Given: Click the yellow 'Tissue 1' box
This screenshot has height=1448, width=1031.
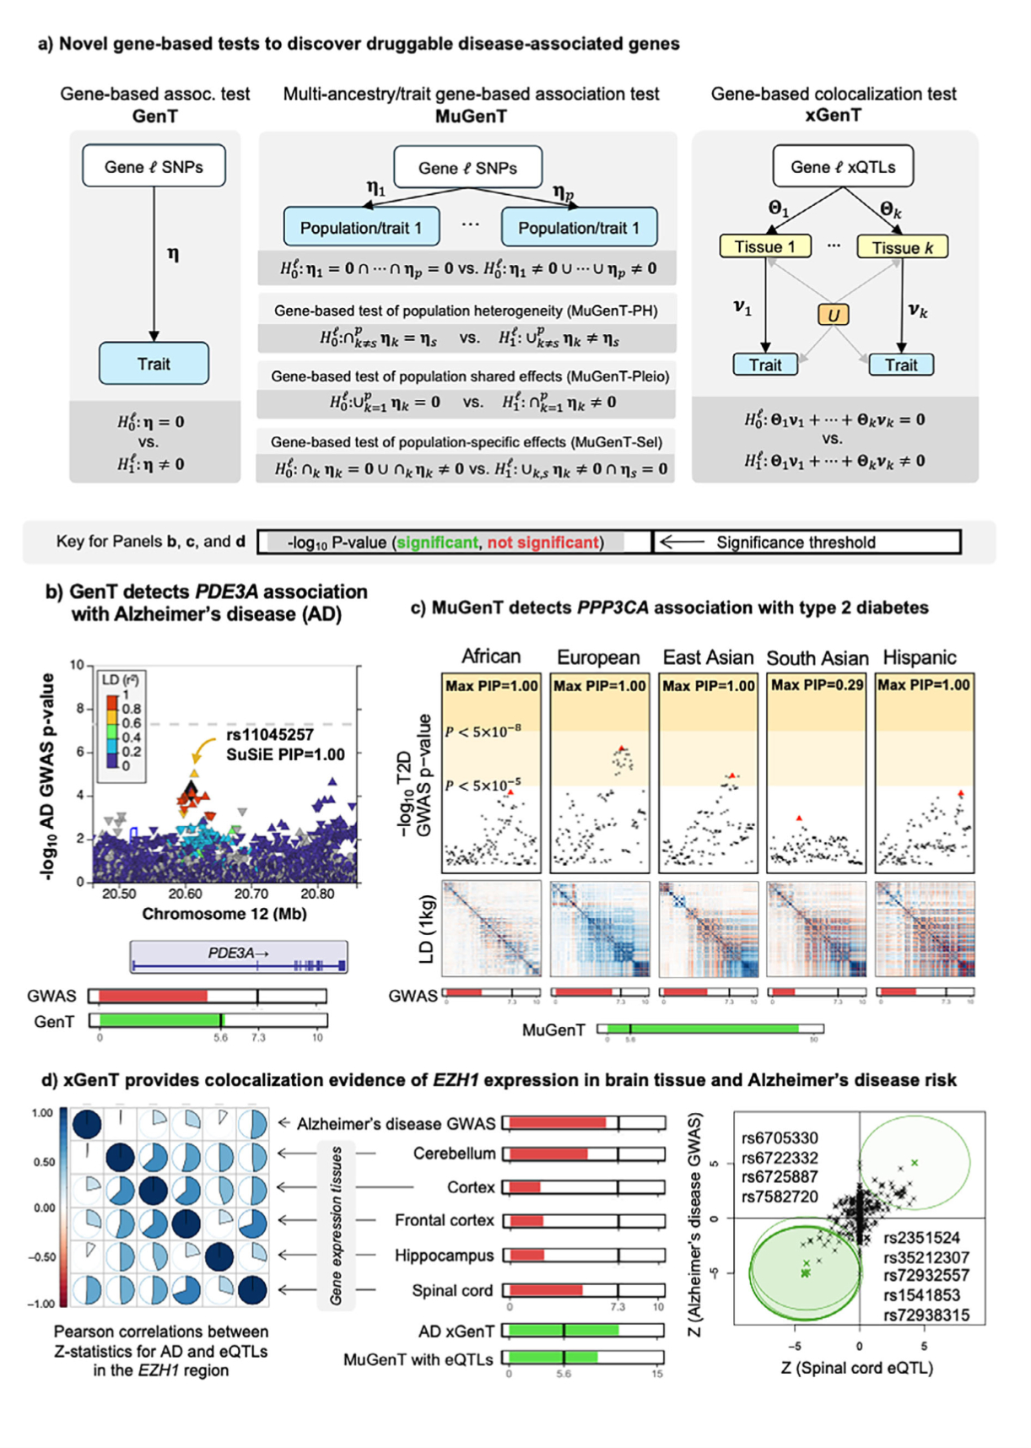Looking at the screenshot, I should coord(764,246).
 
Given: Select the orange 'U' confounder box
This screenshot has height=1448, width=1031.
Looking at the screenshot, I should coord(833,315).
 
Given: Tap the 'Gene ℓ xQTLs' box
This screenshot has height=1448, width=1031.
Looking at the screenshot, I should coord(843,167).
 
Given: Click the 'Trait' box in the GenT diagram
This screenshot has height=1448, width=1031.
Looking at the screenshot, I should coord(154,364).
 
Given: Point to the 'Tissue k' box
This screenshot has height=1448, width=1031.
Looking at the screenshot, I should coord(902,247).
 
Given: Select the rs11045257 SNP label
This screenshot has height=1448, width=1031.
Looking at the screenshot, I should coord(269,735).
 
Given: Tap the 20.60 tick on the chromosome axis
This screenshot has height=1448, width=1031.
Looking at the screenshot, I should coord(185,894).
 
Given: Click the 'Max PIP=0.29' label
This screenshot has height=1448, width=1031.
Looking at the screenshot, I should coord(817,685).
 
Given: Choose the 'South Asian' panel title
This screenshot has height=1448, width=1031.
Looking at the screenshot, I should coord(817,658).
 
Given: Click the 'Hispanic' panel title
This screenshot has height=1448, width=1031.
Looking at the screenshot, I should coord(919,657).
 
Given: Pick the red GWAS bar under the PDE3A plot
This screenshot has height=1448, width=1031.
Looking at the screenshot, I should coord(153,997).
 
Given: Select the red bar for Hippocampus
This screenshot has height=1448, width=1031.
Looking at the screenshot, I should coord(526,1256).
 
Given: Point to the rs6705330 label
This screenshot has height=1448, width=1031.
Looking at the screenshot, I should coord(779,1138).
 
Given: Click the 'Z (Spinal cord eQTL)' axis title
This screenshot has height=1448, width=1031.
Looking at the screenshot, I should coord(856,1368).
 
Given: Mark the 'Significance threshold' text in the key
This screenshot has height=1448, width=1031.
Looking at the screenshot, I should coord(796,543).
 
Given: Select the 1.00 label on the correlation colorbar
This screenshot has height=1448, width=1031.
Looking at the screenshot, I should coord(42,1113).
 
